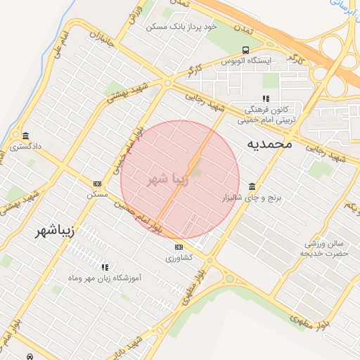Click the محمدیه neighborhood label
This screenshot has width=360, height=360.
[x=269, y=143]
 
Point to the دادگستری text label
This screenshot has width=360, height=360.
[x=25, y=147]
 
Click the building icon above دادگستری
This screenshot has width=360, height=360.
[x=26, y=136]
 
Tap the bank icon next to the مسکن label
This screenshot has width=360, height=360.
[x=97, y=184]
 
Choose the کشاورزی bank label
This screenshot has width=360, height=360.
[x=179, y=258]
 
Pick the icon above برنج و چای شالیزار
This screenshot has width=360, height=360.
[x=252, y=186]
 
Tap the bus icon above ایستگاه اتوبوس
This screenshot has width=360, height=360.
[x=245, y=50]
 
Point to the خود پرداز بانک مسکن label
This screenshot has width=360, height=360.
[x=181, y=26]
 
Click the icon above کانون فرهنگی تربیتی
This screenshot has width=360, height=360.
[x=265, y=98]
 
